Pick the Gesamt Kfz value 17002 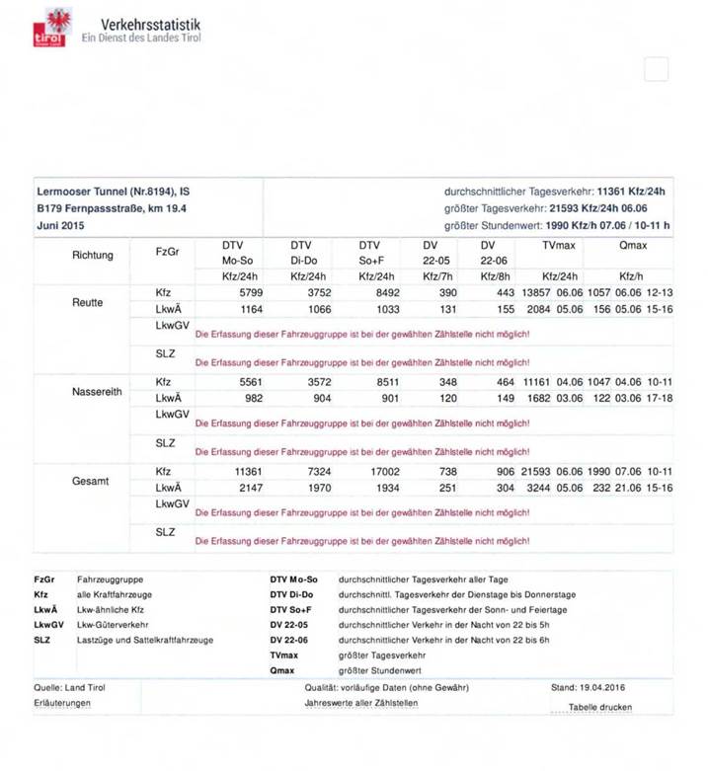[384, 473]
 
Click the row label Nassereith [99, 391]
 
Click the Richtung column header [93, 255]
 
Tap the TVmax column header [558, 243]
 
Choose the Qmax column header [633, 243]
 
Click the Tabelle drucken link [599, 707]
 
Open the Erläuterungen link [63, 703]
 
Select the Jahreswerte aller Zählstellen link [360, 703]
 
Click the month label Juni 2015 [60, 226]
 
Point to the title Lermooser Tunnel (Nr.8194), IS [114, 191]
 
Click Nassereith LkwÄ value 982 [255, 399]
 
